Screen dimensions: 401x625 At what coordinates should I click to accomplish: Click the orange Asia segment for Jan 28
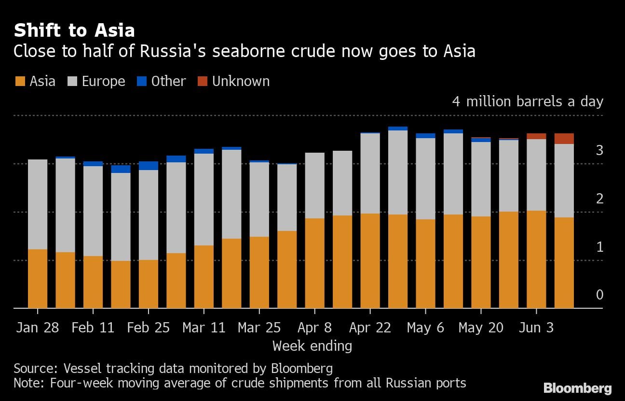click(x=38, y=278)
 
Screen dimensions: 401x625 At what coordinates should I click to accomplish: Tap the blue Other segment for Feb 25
click(x=149, y=166)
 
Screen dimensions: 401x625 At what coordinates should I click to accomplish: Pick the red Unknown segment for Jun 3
click(x=536, y=136)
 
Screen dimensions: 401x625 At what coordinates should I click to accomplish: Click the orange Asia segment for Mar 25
click(x=259, y=272)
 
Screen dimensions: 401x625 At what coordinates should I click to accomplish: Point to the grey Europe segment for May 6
click(x=426, y=179)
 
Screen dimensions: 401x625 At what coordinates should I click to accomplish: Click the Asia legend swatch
click(x=20, y=81)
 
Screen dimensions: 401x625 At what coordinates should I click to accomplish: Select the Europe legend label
click(x=103, y=81)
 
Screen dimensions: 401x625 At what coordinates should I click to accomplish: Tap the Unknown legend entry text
click(x=241, y=81)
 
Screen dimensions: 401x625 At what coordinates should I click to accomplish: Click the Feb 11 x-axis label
click(x=93, y=328)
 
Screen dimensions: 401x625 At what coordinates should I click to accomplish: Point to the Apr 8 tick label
click(x=314, y=328)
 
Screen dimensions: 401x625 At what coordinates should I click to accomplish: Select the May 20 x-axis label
click(x=481, y=328)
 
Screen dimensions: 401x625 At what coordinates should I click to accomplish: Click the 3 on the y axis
click(x=599, y=151)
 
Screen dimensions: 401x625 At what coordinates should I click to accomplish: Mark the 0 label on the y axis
click(x=599, y=295)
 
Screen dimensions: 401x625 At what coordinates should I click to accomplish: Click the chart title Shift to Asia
click(x=74, y=31)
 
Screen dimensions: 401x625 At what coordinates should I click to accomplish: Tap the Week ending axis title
click(x=312, y=346)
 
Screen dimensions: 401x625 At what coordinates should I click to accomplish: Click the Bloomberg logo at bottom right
click(x=577, y=388)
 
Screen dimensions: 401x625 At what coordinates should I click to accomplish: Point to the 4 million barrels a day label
click(x=528, y=102)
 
